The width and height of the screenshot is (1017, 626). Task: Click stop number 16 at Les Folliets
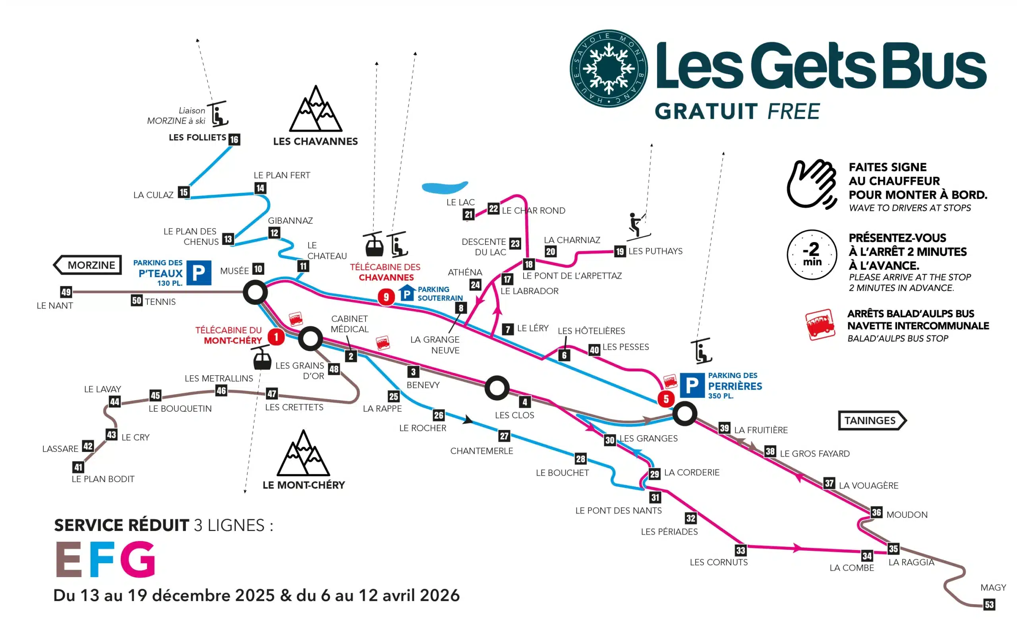pos(234,139)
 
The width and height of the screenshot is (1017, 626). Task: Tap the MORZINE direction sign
pos(88,265)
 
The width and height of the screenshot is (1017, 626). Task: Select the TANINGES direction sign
pos(871,420)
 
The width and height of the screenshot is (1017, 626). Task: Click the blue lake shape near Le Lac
pos(445,187)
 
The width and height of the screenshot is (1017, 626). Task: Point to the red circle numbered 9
pos(386,297)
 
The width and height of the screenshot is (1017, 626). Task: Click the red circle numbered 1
pos(276,337)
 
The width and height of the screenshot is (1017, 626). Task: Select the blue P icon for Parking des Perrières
pos(692,385)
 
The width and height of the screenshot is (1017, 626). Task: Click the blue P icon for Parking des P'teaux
pos(199,273)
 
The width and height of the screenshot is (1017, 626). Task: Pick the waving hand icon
pos(811,184)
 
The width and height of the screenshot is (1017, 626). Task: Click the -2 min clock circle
pos(812,255)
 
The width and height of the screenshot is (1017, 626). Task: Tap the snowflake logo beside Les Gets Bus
pos(608,68)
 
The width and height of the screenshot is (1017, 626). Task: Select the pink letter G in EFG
pos(138,558)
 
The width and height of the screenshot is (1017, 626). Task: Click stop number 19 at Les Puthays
pos(619,251)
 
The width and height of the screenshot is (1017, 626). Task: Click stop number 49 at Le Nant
pos(66,292)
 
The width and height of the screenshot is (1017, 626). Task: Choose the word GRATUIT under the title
pos(706,111)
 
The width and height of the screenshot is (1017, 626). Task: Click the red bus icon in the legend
pos(820,325)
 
